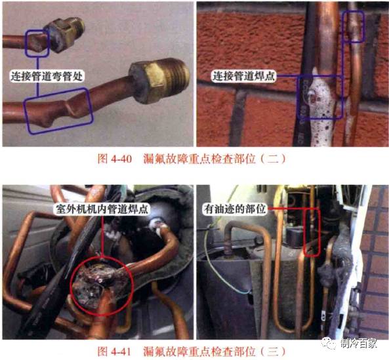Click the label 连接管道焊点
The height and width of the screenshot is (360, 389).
[x=243, y=76]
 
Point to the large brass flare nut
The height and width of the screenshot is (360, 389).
[x=150, y=81]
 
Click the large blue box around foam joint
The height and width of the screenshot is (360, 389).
[x=319, y=97]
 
